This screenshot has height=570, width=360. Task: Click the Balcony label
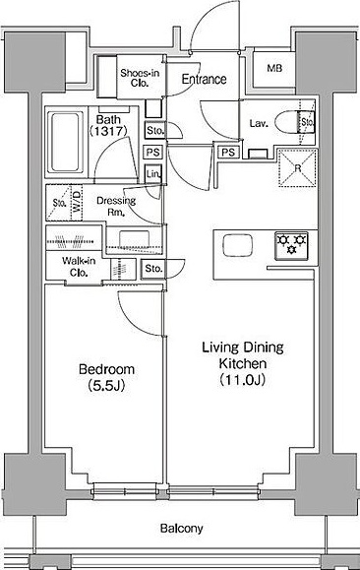(x=182, y=529)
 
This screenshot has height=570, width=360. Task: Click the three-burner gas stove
(x=291, y=246)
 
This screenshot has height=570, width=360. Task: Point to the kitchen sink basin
(x=238, y=245)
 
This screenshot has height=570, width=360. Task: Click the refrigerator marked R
(x=297, y=168)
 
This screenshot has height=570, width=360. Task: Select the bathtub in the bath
(x=65, y=142)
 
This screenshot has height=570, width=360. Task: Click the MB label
(x=274, y=68)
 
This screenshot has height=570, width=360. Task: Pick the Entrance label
(x=204, y=79)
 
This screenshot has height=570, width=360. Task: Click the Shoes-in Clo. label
(x=140, y=78)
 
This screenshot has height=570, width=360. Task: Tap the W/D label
(x=77, y=203)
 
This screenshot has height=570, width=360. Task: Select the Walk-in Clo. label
(x=79, y=267)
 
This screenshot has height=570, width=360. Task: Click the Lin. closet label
(x=153, y=174)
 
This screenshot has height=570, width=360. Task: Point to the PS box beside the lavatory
(x=228, y=152)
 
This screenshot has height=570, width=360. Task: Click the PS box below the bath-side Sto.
(x=152, y=152)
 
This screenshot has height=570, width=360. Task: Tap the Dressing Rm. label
(x=116, y=206)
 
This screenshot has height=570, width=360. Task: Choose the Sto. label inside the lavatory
(x=307, y=122)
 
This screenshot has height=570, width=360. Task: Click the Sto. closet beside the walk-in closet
(x=153, y=269)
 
